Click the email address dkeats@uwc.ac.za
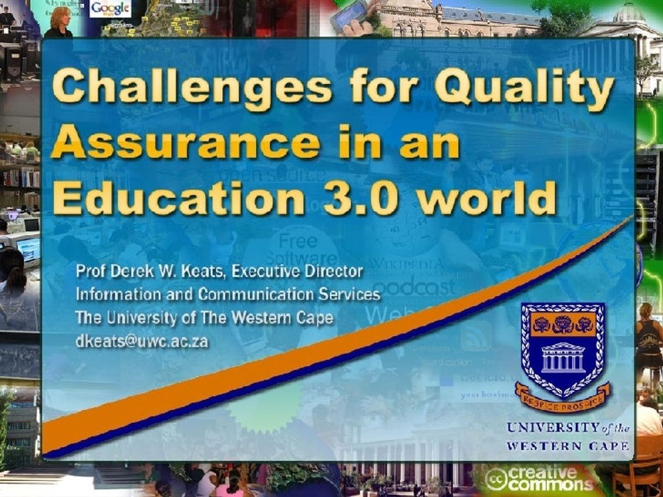[x=141, y=341]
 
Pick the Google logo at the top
[x=110, y=8]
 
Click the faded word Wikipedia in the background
[x=406, y=264]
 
